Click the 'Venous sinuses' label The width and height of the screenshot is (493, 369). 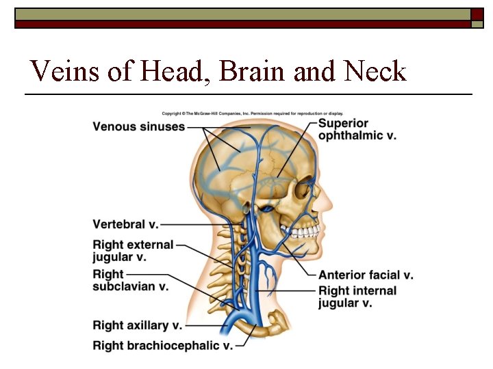138,126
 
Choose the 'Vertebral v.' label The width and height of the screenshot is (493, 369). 125,224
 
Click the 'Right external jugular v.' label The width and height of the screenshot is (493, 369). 133,251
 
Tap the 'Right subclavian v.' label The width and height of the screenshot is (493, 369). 130,280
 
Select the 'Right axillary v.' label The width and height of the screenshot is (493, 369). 137,325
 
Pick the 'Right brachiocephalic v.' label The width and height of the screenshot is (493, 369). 162,346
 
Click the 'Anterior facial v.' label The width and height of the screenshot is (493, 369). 366,275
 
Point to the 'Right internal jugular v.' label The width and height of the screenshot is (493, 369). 357,297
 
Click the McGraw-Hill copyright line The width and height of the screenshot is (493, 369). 252,113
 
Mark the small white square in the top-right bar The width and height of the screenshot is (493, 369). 477,15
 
